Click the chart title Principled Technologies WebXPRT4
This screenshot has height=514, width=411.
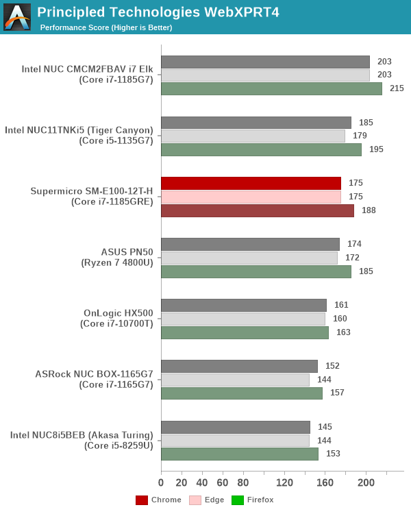click(158, 12)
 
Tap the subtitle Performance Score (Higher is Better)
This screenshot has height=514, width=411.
click(106, 27)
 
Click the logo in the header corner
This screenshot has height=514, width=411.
click(17, 16)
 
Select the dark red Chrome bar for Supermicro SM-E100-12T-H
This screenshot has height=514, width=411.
click(251, 183)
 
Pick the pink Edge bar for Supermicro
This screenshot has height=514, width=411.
click(251, 197)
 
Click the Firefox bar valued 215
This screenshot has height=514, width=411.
click(271, 88)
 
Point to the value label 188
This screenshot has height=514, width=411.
click(369, 210)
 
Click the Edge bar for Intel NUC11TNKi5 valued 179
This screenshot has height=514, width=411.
click(253, 136)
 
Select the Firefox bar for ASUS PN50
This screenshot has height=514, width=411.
click(256, 271)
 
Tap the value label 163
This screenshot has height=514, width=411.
click(343, 332)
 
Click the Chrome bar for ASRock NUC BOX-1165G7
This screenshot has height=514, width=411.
click(239, 366)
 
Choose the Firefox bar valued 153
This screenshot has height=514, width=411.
click(240, 454)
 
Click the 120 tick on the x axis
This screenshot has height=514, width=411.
click(284, 483)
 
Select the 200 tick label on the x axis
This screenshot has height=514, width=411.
click(366, 483)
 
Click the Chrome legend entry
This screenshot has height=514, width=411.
click(159, 500)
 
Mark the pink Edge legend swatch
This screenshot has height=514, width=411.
click(195, 500)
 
